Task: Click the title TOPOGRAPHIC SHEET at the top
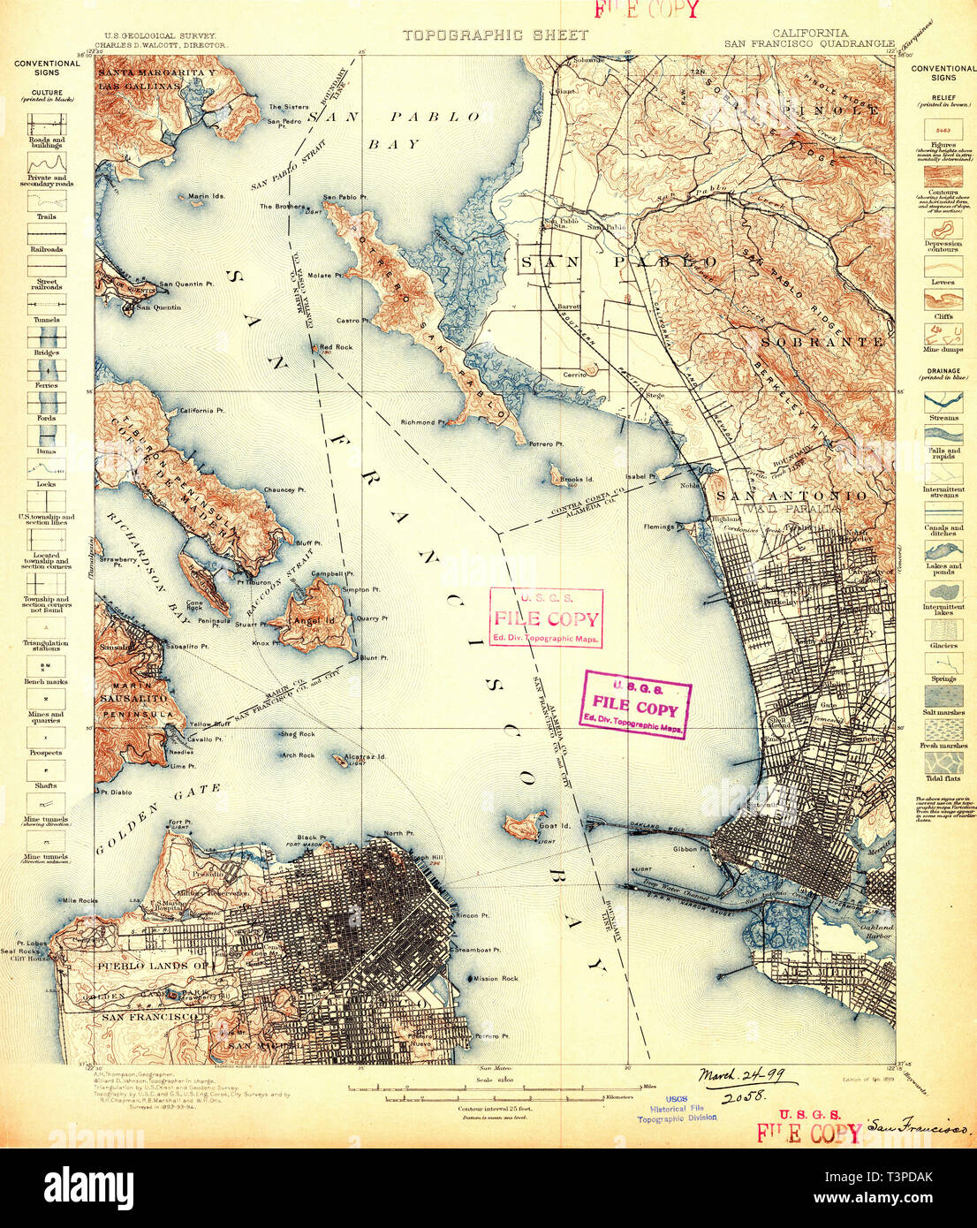495,35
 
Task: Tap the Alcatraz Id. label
367,757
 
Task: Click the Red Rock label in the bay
336,347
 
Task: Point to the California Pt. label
202,411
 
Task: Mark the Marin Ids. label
206,196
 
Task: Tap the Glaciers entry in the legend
943,646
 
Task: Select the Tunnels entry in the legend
46,320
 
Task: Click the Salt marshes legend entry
943,712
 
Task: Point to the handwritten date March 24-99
747,1077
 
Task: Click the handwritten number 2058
742,1098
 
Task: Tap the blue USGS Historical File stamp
677,1109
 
